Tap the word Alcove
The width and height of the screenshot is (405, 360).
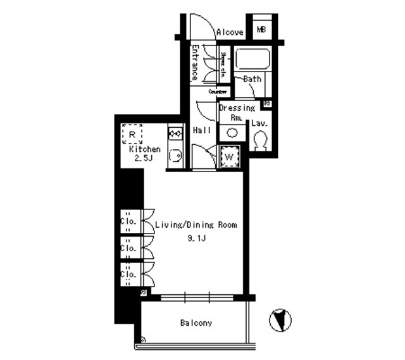point(230,32)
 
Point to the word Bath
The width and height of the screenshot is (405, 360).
point(252,79)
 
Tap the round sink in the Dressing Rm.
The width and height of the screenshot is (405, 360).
point(232,132)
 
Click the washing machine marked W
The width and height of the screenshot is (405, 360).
point(228,156)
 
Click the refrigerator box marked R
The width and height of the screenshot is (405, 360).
point(132,135)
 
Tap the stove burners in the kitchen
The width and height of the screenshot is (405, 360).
point(175,134)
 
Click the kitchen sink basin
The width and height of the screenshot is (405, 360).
point(175,154)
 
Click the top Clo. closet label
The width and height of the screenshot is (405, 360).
point(128,222)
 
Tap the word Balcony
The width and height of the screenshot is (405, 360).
point(196,323)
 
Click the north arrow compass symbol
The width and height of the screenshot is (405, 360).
point(282,320)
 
